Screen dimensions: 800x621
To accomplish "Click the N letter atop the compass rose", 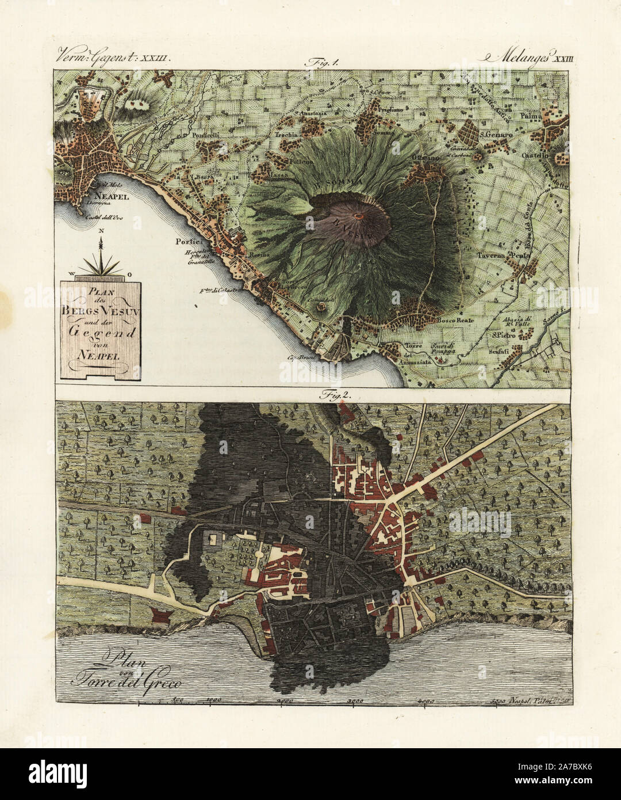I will (x=101, y=231).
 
